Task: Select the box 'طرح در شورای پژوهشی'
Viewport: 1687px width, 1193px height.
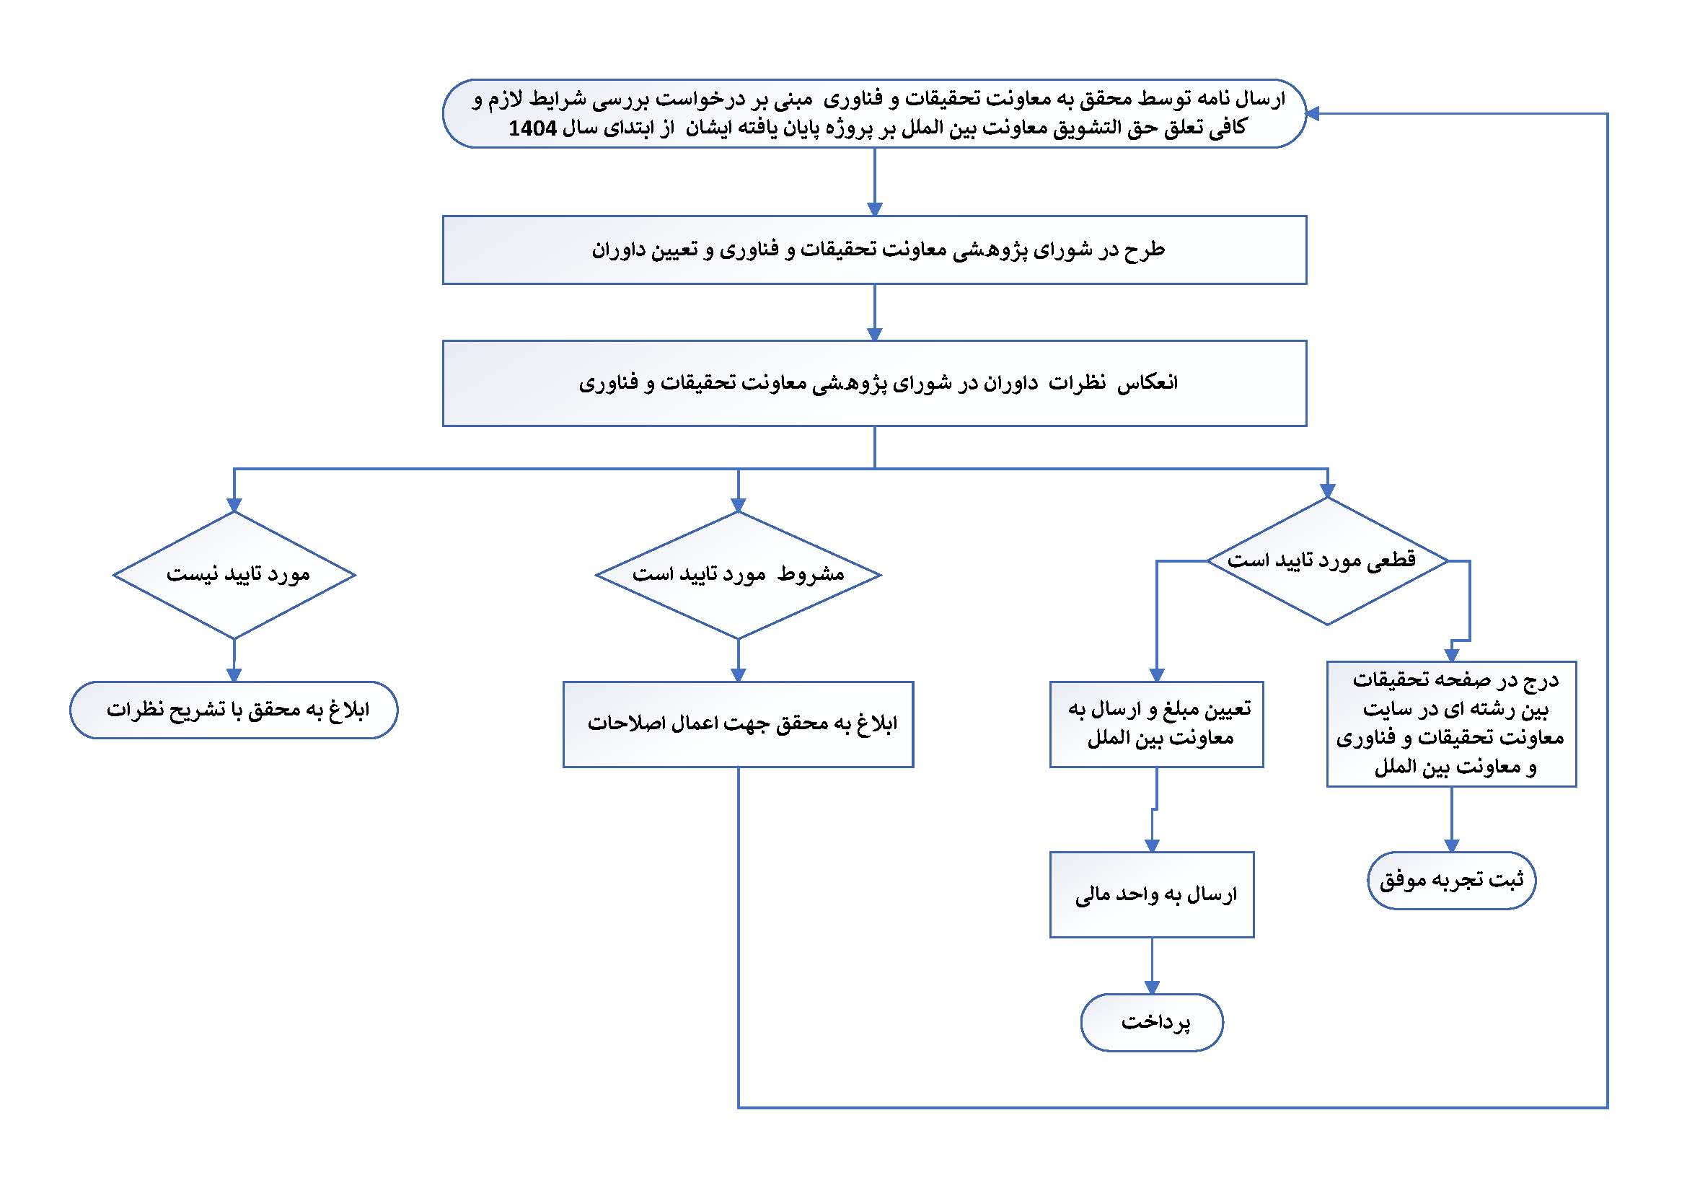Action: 874,250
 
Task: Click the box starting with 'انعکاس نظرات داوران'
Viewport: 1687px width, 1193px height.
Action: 874,383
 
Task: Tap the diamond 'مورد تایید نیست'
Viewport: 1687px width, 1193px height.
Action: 234,574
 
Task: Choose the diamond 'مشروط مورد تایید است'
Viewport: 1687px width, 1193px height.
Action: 738,574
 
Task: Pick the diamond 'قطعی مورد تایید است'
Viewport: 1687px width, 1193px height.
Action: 1327,561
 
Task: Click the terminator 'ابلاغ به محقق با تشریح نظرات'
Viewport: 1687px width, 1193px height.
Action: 234,710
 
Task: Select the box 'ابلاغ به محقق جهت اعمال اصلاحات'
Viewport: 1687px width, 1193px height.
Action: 738,724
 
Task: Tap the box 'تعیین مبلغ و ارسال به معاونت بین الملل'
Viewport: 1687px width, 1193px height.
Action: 1156,724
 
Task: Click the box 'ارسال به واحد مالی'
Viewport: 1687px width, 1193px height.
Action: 1151,894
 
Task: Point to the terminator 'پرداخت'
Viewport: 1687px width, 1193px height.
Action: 1151,1023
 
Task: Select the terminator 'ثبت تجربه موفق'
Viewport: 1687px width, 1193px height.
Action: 1451,880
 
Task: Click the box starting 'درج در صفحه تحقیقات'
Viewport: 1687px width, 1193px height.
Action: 1451,723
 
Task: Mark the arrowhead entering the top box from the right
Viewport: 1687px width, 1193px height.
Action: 1313,113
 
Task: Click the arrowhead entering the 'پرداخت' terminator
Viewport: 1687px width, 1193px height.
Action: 1151,987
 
